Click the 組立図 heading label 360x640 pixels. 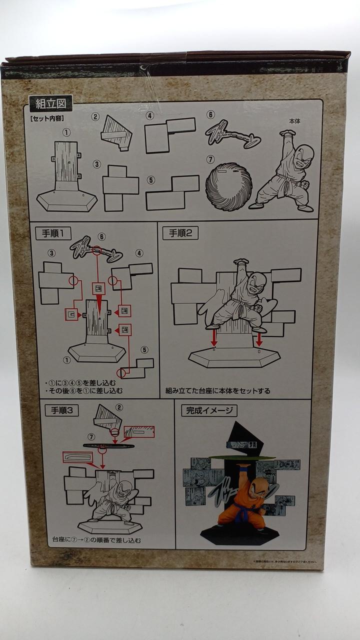coord(50,104)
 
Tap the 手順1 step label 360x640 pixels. coord(53,233)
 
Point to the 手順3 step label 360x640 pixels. coord(62,410)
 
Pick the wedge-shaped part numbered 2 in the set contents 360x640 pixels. coord(117,133)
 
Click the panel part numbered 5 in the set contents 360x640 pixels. coord(171,192)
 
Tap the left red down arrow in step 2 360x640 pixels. coord(213,339)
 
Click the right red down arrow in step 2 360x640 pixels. coord(259,339)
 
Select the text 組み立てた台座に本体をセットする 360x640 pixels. coord(217,391)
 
